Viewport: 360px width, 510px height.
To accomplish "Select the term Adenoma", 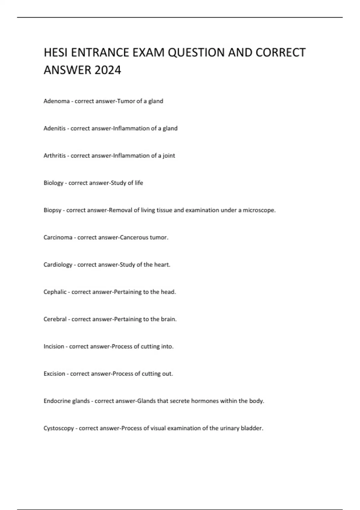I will [56, 101].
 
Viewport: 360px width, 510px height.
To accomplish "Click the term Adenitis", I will [54, 128].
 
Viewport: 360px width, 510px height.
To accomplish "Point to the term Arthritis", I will [54, 156].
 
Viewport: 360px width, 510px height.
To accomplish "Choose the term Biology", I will [53, 183].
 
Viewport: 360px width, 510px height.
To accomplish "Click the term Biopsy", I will [52, 210].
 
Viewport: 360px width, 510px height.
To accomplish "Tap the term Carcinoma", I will [58, 238].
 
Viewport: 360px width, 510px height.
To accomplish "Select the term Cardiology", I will [58, 265].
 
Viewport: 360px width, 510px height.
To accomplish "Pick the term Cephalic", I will [55, 292].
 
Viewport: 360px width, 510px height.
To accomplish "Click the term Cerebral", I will [55, 319].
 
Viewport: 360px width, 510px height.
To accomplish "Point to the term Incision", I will [54, 346].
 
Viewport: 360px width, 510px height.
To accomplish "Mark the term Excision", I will [54, 374].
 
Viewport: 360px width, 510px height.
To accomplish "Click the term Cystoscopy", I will [58, 428].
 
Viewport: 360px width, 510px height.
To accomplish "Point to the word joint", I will [169, 156].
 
